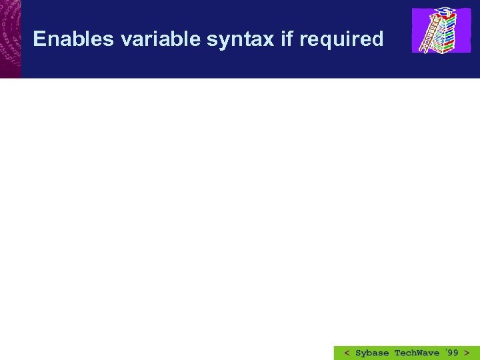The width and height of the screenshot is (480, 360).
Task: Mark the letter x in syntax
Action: point(267,41)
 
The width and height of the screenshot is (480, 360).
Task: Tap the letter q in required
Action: point(324,42)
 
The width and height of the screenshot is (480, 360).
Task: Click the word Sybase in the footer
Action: point(372,353)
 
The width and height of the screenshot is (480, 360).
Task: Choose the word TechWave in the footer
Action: point(417,353)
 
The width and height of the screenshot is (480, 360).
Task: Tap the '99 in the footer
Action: point(451,352)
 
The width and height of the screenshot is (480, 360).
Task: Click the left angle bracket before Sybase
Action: point(347,353)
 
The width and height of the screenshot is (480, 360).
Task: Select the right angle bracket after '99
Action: point(467,353)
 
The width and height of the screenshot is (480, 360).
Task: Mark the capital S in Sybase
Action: point(359,353)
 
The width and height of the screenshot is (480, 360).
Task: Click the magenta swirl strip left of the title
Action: point(10,39)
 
